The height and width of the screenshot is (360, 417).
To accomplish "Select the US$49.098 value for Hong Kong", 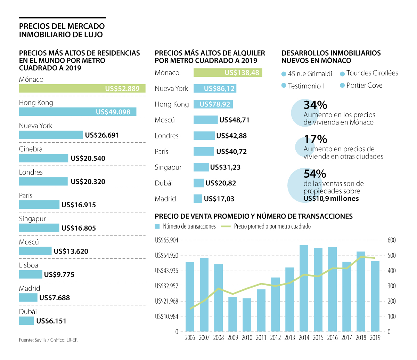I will pos(113,112).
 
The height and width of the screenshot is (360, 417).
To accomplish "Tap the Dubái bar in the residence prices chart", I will pos(26,321).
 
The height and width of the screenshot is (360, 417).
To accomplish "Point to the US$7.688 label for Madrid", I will pos(55,298).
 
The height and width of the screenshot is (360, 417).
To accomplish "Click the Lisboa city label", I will pos(28,265).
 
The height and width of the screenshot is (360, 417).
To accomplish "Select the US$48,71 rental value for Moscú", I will pos(234,120).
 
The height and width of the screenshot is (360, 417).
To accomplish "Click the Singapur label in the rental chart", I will pos(168,167).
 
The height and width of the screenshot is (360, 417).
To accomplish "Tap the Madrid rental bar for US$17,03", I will pos(198,199).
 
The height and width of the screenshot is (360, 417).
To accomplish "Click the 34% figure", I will pos(315,105).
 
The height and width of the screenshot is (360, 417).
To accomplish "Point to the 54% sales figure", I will pos(315,174).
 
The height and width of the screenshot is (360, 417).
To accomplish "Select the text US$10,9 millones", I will pos(331,199).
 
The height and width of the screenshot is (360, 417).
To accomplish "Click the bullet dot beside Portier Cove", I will pos(342,86).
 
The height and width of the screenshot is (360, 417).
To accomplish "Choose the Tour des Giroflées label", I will pos(372,73).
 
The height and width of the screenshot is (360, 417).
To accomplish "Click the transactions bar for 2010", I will pos(247,314).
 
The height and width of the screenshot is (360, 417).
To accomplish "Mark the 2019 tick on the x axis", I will pos(375,338).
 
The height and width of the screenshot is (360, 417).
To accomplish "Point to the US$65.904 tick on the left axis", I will pos(166,240).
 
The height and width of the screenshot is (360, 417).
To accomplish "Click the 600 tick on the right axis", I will pos(392,240).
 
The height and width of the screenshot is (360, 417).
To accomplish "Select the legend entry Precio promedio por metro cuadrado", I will pos(272,226).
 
